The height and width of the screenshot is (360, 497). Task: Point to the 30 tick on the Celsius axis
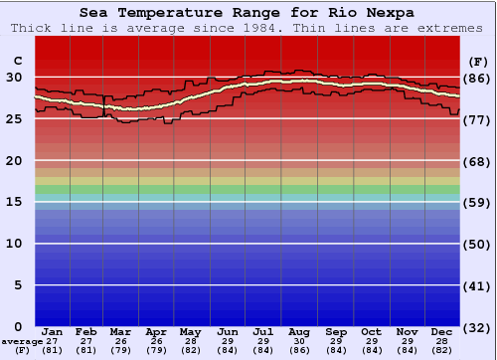pyautogui.click(x=15, y=78)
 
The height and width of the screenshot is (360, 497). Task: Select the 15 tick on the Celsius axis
pyautogui.click(x=15, y=202)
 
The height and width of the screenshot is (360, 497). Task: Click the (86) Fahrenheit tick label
pyautogui.click(x=478, y=79)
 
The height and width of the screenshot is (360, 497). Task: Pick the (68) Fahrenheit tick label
pyautogui.click(x=478, y=161)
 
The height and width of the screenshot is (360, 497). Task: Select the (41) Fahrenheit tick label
pyautogui.click(x=478, y=286)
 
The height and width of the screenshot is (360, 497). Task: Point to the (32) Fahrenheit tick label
pyautogui.click(x=478, y=328)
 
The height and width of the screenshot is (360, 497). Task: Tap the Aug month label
pyautogui.click(x=299, y=331)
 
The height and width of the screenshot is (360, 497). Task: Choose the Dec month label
pyautogui.click(x=442, y=331)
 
